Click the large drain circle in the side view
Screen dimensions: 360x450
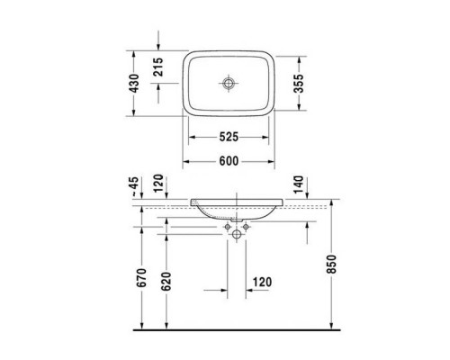tap(238, 235)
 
